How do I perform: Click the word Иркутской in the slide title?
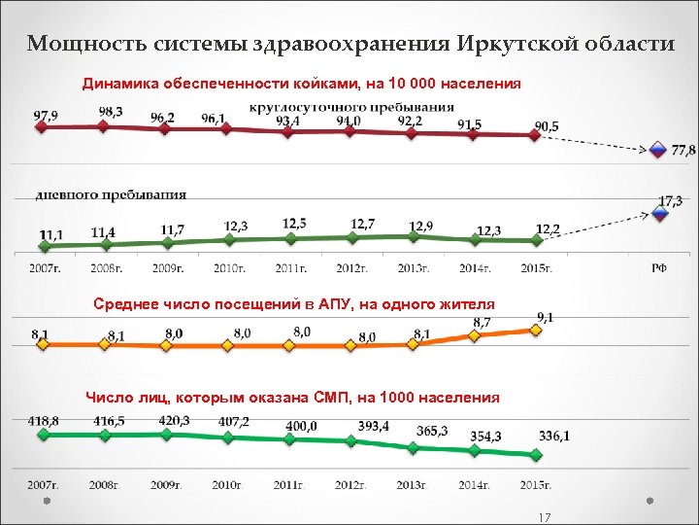[515, 44]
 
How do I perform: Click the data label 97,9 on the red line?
[46, 115]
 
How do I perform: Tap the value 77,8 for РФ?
[683, 151]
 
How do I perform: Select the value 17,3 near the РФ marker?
[671, 200]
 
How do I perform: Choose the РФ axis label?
[658, 267]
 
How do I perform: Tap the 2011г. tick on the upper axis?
[292, 267]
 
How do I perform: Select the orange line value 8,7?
[482, 322]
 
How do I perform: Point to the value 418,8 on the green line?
[45, 420]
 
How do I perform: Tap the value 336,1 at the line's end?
[554, 437]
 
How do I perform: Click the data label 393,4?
[374, 426]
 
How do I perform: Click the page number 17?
[544, 517]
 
